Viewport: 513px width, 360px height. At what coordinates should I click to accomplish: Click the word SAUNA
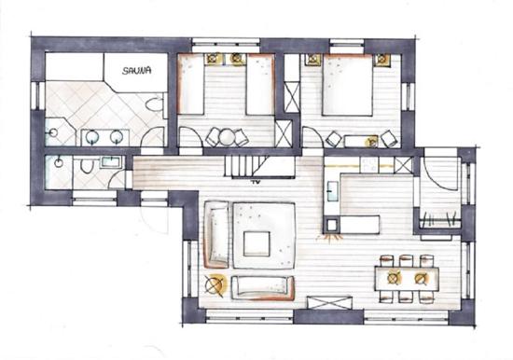(136, 70)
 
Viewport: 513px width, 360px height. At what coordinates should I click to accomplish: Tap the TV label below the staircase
(255, 182)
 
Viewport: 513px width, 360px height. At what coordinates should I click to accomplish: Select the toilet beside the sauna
(154, 104)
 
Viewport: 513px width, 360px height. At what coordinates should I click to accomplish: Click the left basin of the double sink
(92, 138)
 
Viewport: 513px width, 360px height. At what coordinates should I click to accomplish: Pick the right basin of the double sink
(117, 137)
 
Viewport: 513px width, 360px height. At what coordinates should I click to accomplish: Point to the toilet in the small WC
(87, 165)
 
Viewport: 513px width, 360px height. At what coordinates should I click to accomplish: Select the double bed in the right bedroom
(348, 85)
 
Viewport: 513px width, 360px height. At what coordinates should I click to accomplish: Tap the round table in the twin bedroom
(226, 137)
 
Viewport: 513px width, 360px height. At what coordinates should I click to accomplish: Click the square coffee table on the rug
(256, 243)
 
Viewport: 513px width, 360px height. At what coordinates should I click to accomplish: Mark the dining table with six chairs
(407, 279)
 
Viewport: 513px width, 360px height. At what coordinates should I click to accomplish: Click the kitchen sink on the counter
(331, 191)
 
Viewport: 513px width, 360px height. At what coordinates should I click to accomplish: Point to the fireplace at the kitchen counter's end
(331, 225)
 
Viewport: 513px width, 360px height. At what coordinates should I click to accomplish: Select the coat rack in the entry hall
(439, 219)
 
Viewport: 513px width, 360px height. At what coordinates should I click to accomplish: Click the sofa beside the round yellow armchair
(263, 287)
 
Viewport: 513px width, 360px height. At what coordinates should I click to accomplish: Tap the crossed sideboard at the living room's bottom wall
(329, 303)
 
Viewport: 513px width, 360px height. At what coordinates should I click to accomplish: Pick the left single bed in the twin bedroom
(191, 85)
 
